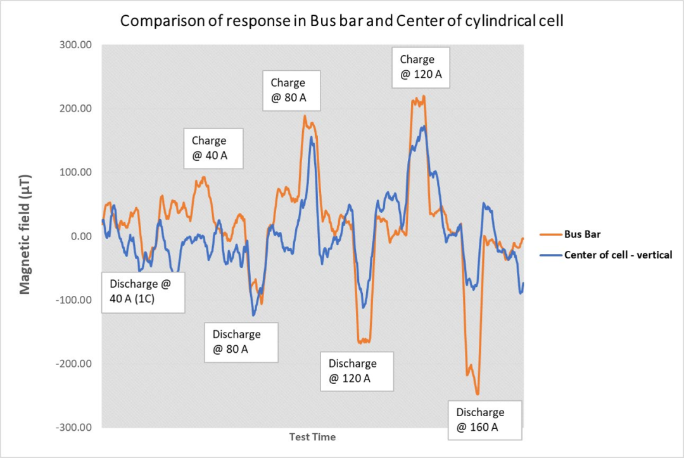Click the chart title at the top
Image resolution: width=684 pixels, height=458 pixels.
click(x=342, y=21)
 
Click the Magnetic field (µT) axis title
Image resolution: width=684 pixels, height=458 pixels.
click(x=25, y=235)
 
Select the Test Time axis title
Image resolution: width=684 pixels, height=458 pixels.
click(x=312, y=437)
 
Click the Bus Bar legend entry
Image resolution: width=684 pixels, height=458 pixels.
click(x=583, y=234)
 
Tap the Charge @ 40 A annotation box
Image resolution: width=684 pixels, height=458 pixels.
click(x=213, y=148)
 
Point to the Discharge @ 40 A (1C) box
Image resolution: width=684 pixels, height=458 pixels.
click(x=143, y=292)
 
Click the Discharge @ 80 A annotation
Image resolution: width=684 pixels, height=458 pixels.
click(x=241, y=341)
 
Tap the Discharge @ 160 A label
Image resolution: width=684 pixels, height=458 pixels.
click(x=484, y=419)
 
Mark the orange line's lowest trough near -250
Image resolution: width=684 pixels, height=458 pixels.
click(x=478, y=394)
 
